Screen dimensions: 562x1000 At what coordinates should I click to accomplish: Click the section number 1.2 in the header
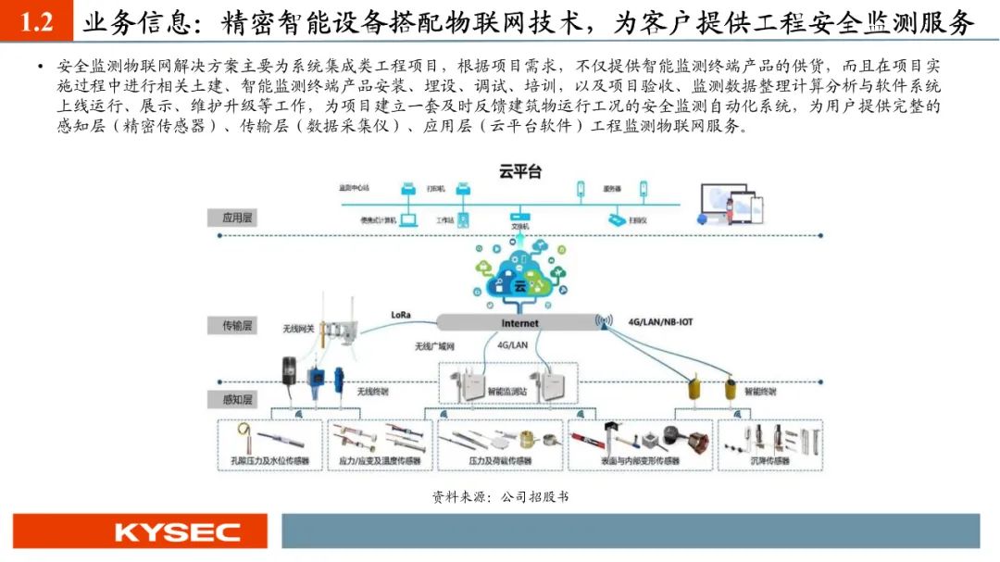click(36, 22)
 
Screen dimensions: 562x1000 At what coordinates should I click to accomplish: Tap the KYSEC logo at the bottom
click(138, 532)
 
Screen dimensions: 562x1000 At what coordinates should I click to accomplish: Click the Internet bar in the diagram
click(518, 323)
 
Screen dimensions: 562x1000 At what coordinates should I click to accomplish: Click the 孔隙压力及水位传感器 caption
click(269, 460)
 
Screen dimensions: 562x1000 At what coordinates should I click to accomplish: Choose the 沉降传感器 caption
click(769, 460)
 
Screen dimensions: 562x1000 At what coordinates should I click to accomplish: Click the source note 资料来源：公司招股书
click(500, 496)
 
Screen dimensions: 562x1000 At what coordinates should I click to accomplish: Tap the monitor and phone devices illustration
click(730, 206)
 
